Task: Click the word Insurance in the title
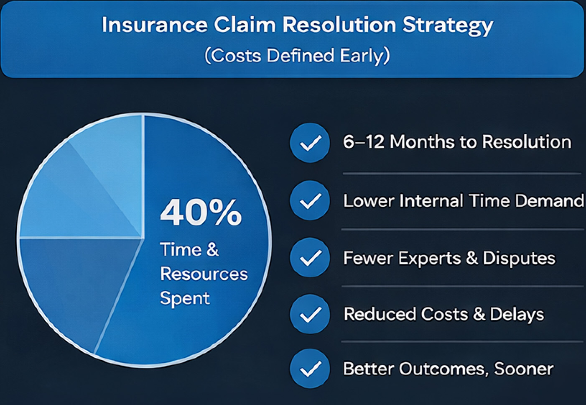coord(154,25)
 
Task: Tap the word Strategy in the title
coord(448,26)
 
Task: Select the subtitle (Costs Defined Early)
coord(297,56)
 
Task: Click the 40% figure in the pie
coord(201,212)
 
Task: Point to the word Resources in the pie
coord(204,274)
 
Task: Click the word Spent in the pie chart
coord(184,298)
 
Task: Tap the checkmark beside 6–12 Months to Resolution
coord(310,143)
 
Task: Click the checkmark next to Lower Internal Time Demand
coord(310,200)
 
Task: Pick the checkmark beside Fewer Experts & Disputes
coord(310,258)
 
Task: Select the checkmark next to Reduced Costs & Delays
coord(310,314)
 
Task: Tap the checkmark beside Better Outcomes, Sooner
coord(310,369)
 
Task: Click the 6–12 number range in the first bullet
coord(363,142)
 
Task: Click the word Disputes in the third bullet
coord(519,258)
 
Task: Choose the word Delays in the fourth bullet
coord(517,314)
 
